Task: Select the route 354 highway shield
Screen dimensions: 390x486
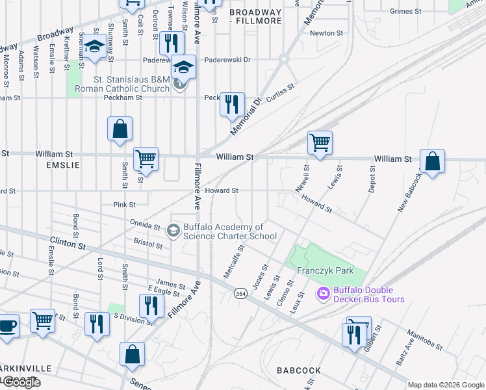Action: pos(240,294)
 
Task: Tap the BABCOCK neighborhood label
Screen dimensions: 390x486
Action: pos(299,370)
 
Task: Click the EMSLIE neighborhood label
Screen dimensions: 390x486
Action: pos(62,165)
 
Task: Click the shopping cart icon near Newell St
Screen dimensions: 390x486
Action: pos(320,142)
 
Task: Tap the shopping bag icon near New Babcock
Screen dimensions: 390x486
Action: pos(432,161)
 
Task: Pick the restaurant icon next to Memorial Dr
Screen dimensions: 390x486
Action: pos(232,103)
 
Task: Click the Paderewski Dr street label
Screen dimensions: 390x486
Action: pos(227,60)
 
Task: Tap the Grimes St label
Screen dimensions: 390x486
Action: pos(405,11)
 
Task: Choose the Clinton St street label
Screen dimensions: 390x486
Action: pos(68,244)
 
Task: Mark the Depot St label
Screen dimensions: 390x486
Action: pos(372,179)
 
